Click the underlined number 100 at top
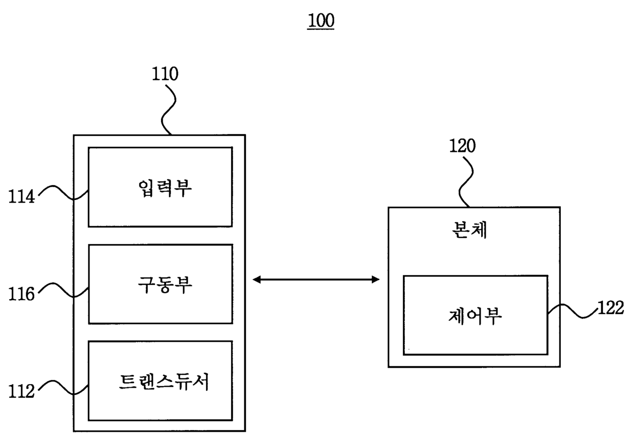[321, 20]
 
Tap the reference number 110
[165, 74]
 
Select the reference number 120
[463, 146]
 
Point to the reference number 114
[21, 196]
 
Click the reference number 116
[21, 294]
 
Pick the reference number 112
[21, 391]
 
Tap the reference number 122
[611, 308]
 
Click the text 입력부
[165, 188]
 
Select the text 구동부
[165, 285]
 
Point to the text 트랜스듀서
[164, 382]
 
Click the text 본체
[469, 230]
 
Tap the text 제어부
[475, 316]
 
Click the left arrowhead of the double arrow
[256, 280]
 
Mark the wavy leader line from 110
[168, 110]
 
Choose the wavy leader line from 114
[63, 193]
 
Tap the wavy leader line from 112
[63, 387]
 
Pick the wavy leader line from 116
[63, 290]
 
